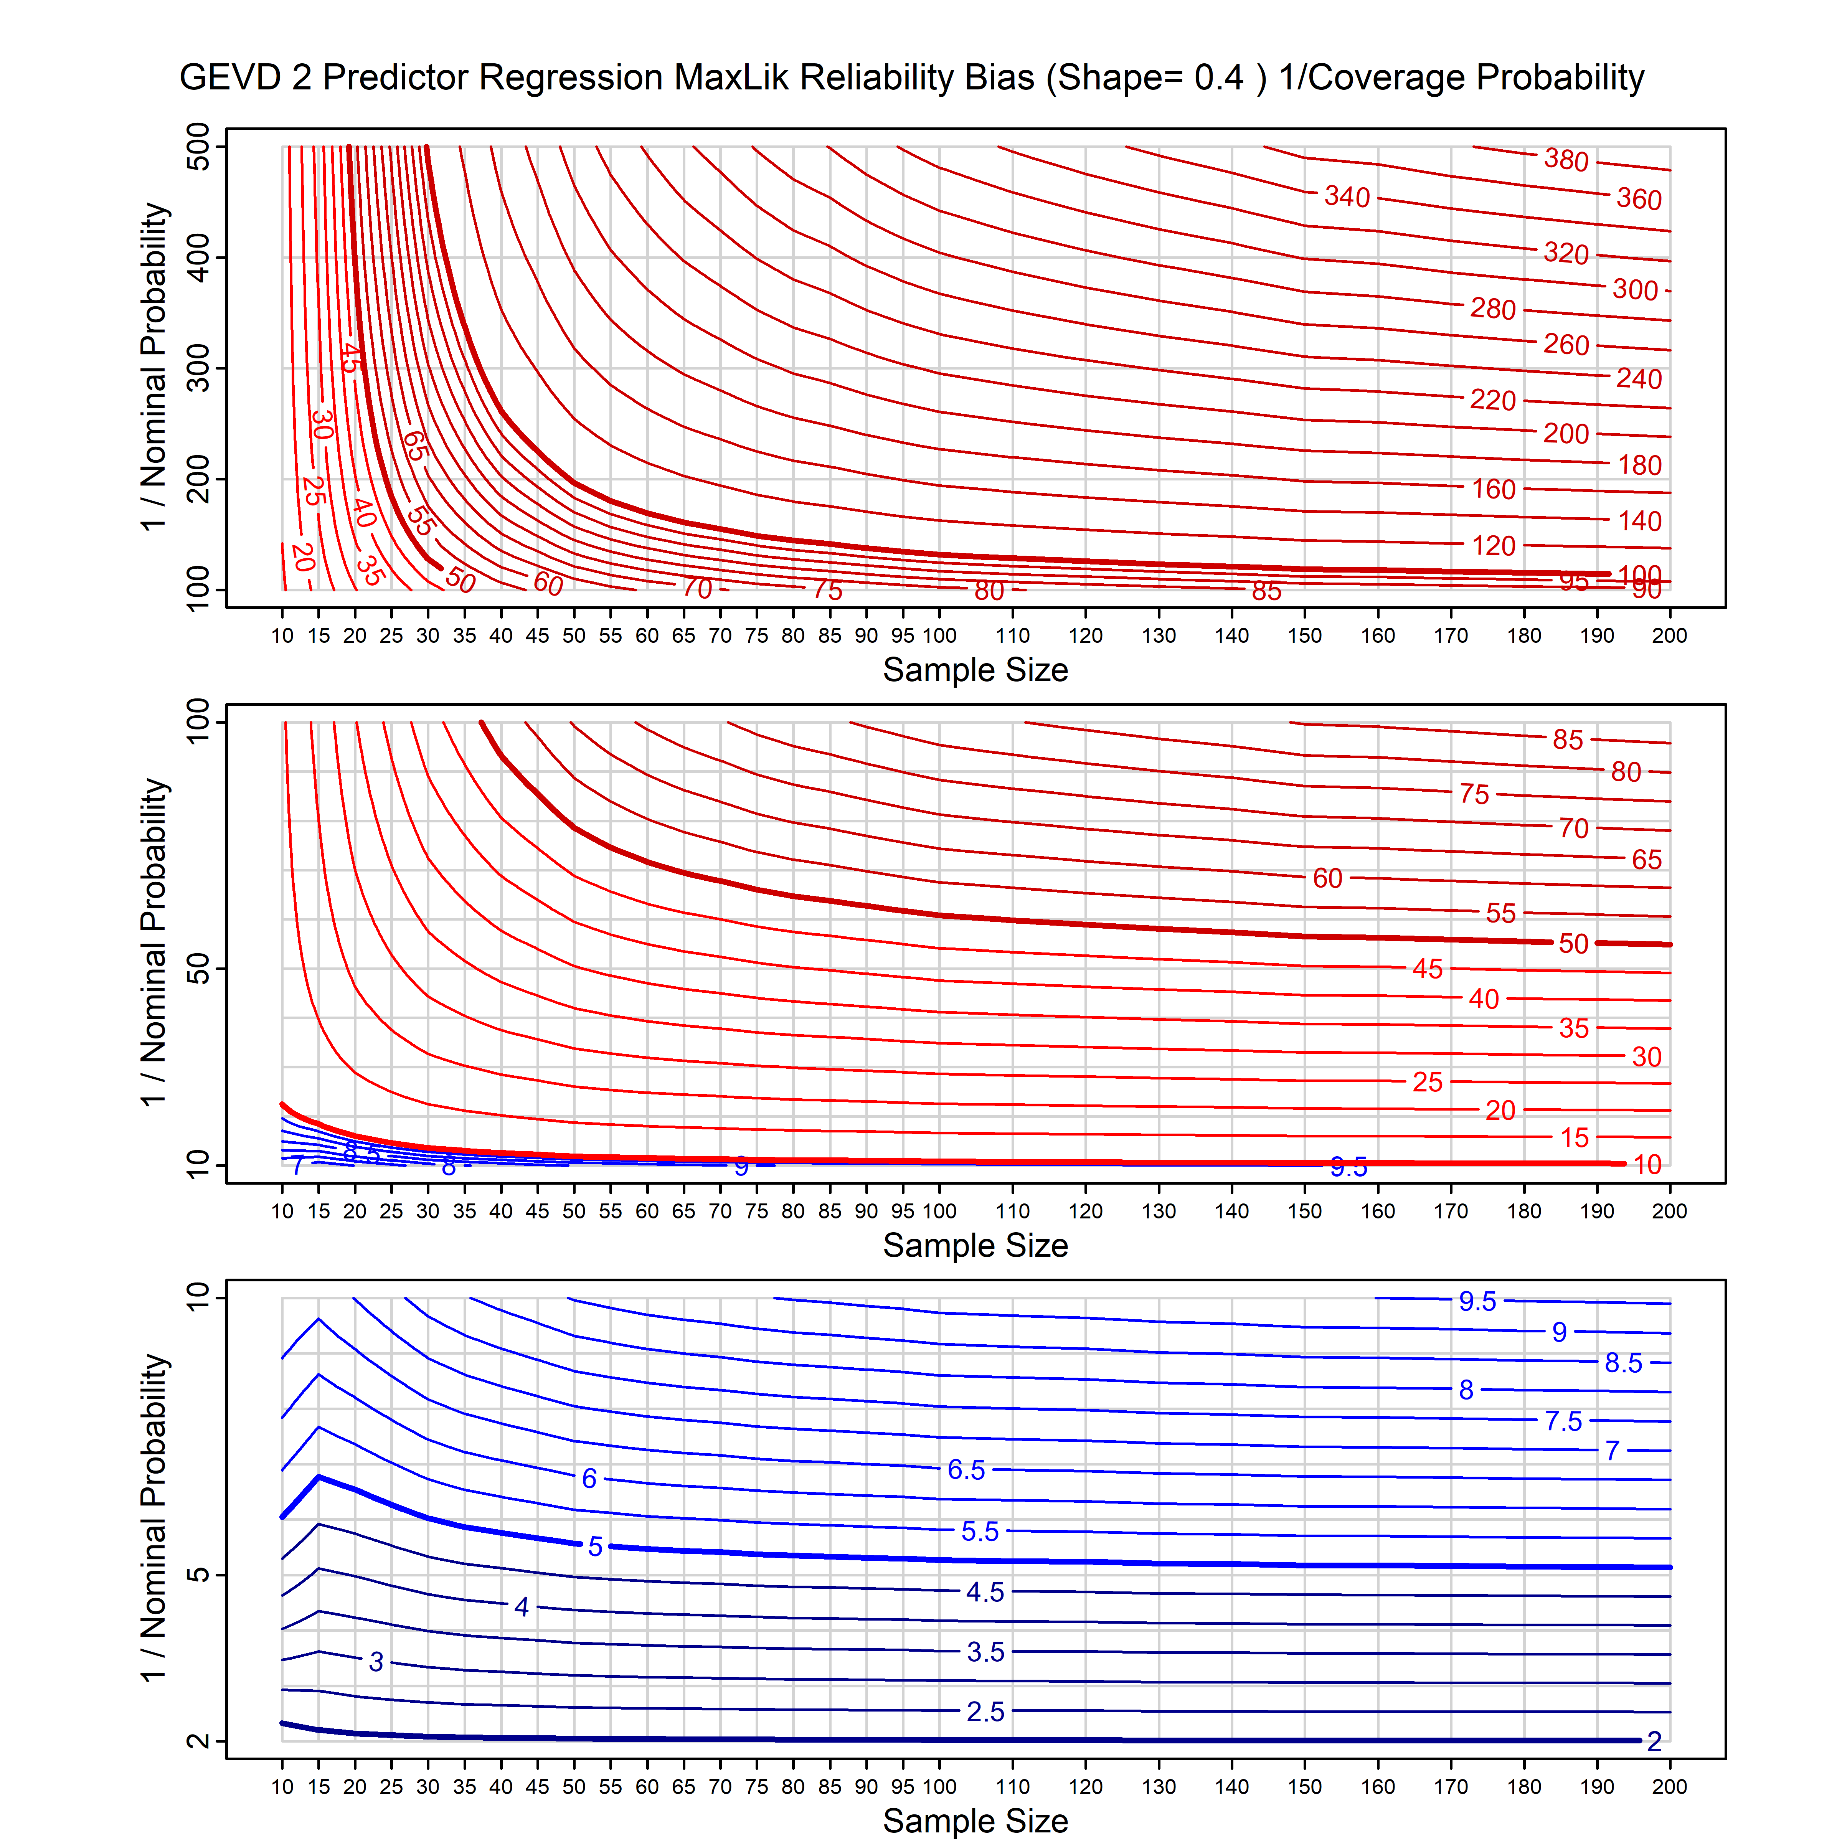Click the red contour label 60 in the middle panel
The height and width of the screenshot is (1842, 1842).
click(x=1327, y=878)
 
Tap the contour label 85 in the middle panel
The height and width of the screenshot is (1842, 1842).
click(x=1567, y=740)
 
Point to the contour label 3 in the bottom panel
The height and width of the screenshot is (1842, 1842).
click(x=376, y=1662)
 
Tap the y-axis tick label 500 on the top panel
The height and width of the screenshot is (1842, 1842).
click(x=198, y=147)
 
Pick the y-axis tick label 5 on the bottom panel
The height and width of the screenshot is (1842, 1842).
click(x=198, y=1574)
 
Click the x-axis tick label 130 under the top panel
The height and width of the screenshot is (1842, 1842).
click(x=1159, y=636)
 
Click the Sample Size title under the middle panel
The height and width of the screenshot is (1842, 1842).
click(x=975, y=1245)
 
